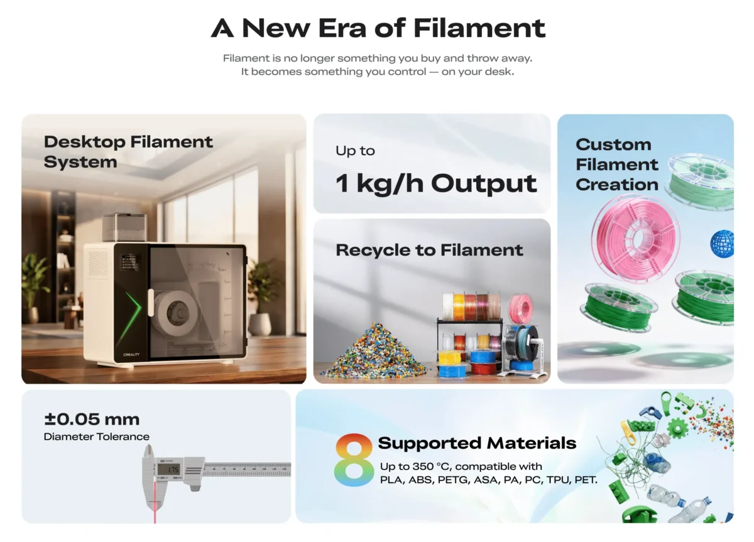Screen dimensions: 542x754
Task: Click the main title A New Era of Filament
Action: point(378,28)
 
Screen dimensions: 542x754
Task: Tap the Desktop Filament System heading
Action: point(128,151)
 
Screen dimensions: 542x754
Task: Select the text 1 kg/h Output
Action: point(436,183)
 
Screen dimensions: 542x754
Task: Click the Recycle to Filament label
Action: point(429,250)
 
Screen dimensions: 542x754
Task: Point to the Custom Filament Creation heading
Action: point(616,165)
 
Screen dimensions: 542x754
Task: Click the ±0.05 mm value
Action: point(92,419)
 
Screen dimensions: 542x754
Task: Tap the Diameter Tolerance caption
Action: point(97,436)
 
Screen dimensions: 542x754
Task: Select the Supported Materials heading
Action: point(477,443)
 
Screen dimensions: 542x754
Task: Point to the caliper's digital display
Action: point(168,469)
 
